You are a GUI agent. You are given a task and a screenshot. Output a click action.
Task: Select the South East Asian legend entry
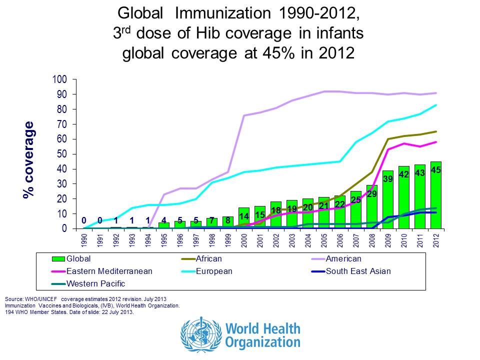[x=357, y=271]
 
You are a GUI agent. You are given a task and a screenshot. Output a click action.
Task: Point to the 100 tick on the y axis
[x=59, y=79]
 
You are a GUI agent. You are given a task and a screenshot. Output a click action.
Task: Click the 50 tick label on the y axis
[x=62, y=154]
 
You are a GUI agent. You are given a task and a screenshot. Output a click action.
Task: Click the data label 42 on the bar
[x=403, y=174]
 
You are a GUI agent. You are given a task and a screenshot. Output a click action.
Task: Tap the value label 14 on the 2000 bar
[x=243, y=216]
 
